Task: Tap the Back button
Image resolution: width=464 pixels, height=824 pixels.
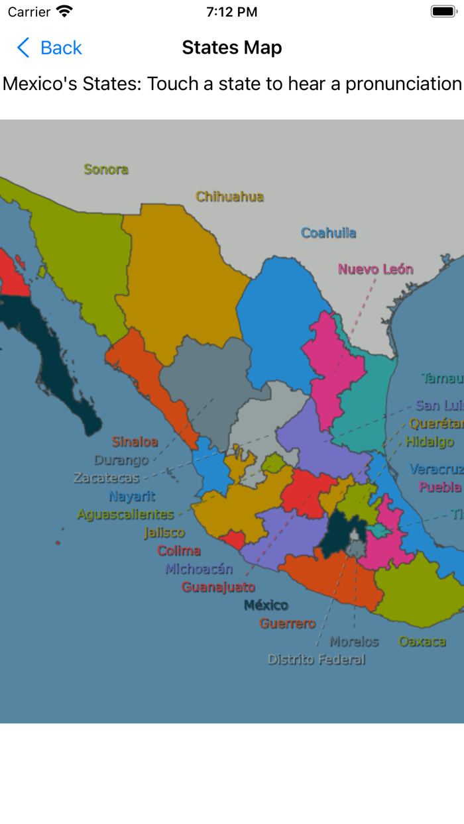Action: pyautogui.click(x=49, y=48)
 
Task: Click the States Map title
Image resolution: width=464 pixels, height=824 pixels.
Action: pyautogui.click(x=232, y=48)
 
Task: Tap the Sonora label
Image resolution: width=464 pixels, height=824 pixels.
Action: pyautogui.click(x=106, y=170)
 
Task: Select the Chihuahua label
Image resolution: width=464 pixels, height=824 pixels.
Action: pyautogui.click(x=229, y=197)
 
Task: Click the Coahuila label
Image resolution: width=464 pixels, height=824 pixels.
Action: pyautogui.click(x=328, y=233)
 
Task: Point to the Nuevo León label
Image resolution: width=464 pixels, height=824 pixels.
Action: pyautogui.click(x=375, y=270)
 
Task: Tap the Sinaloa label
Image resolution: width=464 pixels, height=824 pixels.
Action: pyautogui.click(x=135, y=442)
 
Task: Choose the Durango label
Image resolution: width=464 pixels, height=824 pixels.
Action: pyautogui.click(x=121, y=460)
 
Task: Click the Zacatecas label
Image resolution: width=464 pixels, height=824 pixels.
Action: pyautogui.click(x=107, y=478)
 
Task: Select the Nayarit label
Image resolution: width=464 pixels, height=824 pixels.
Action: pyautogui.click(x=132, y=496)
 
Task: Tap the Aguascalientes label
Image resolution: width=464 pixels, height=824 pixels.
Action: pyautogui.click(x=125, y=515)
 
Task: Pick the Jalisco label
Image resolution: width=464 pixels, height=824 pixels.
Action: pyautogui.click(x=164, y=533)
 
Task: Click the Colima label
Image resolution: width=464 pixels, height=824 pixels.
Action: pyautogui.click(x=178, y=550)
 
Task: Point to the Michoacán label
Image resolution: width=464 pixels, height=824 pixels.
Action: pyautogui.click(x=199, y=569)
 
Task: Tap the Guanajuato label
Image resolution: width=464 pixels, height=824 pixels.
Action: pyautogui.click(x=218, y=587)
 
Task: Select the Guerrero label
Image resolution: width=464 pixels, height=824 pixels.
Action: pyautogui.click(x=287, y=623)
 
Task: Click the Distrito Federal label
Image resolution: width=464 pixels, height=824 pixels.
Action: pyautogui.click(x=316, y=660)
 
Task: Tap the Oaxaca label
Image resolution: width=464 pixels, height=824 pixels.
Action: pyautogui.click(x=422, y=641)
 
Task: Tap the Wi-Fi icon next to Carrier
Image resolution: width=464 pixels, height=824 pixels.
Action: pyautogui.click(x=64, y=11)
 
